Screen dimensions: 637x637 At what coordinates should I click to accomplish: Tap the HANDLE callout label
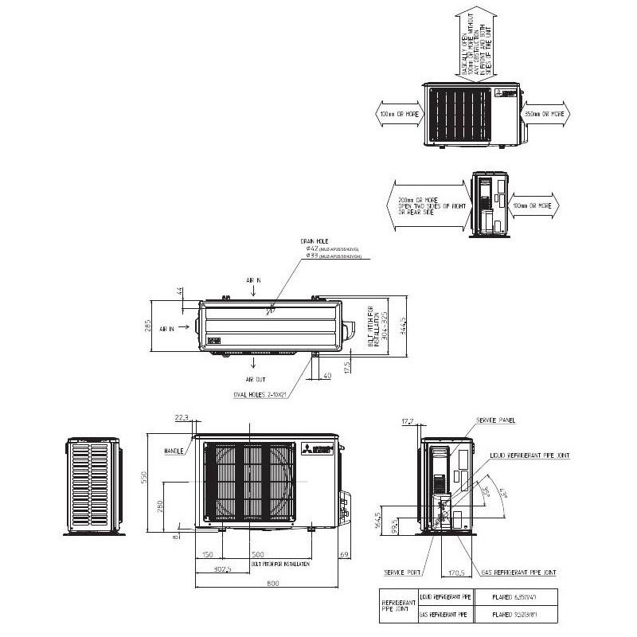click(x=174, y=451)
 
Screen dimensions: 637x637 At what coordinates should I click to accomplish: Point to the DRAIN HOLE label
click(x=315, y=240)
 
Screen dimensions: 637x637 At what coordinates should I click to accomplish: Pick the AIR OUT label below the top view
click(x=256, y=380)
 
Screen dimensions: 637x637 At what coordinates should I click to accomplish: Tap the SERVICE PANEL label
click(x=496, y=420)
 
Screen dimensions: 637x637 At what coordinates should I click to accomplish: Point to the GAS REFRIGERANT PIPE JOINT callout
click(x=519, y=573)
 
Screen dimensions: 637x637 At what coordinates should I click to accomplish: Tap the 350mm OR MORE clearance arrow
click(x=545, y=114)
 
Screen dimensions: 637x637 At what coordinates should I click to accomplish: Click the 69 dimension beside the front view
click(x=344, y=553)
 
